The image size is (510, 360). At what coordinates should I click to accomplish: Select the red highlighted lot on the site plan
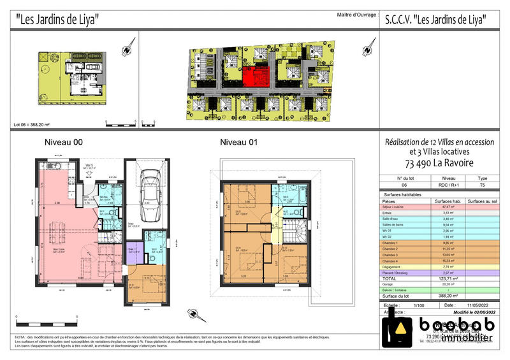coord(254,79)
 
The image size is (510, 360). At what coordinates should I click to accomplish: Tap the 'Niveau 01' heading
coord(238,142)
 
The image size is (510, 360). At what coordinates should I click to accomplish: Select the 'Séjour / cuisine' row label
coord(401,207)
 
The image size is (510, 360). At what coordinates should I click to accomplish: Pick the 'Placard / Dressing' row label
coord(403,272)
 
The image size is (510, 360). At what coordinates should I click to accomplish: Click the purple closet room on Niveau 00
coord(133,254)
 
